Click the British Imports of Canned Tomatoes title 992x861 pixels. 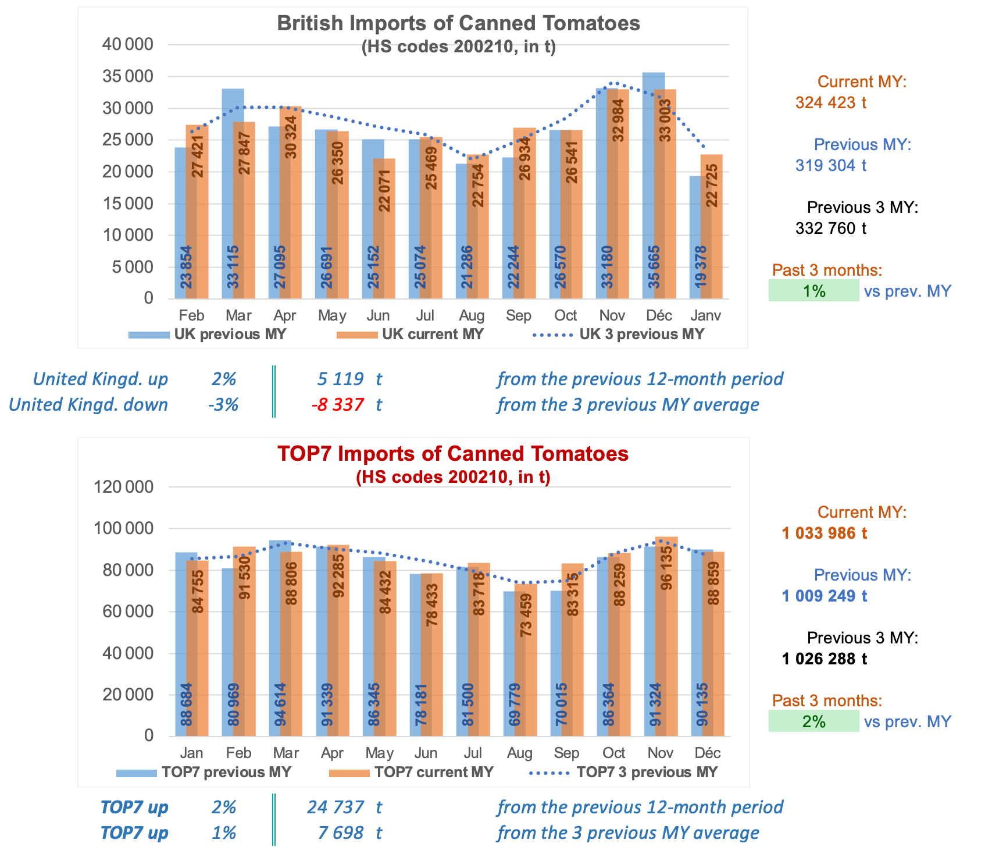coord(458,23)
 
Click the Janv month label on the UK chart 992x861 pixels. coord(705,316)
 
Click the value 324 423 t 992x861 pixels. coord(830,103)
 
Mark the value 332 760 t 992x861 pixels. coord(830,229)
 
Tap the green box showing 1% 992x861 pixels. coord(813,291)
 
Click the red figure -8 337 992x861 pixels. coord(338,405)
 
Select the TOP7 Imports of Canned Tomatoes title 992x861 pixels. coord(453,454)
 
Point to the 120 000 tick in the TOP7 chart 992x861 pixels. coord(123,487)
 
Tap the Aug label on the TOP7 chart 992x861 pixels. coord(519,753)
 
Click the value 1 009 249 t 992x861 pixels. coord(824,596)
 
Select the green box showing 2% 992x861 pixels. coord(813,721)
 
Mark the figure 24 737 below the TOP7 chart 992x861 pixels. coord(336,807)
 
